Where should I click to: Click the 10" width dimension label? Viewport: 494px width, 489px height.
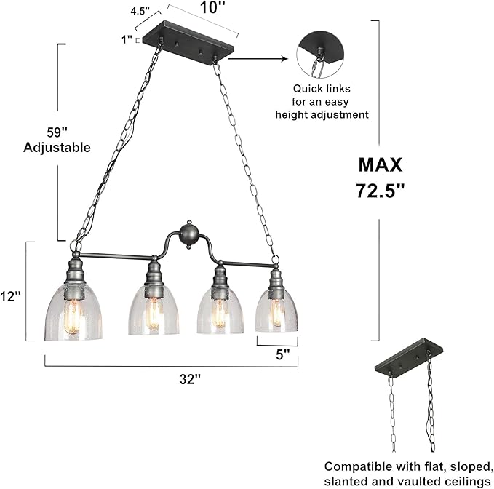pyautogui.click(x=213, y=7)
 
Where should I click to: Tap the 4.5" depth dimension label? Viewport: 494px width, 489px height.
pyautogui.click(x=140, y=12)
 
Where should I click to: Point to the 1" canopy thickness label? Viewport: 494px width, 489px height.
pyautogui.click(x=127, y=40)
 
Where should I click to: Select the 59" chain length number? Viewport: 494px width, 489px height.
pyautogui.click(x=57, y=132)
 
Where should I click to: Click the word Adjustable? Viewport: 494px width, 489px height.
pyautogui.click(x=57, y=148)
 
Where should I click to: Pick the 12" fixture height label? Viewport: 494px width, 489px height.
pyautogui.click(x=10, y=296)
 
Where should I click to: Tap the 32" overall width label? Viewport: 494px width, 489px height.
pyautogui.click(x=190, y=379)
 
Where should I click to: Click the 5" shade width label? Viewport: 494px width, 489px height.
pyautogui.click(x=282, y=355)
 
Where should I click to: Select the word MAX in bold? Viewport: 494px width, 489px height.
pyautogui.click(x=381, y=164)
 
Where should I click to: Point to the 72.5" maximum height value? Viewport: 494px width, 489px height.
pyautogui.click(x=381, y=191)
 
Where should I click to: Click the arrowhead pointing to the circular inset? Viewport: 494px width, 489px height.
pyautogui.click(x=284, y=59)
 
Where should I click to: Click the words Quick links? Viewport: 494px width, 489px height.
pyautogui.click(x=322, y=89)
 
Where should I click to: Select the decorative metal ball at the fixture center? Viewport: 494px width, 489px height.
pyautogui.click(x=188, y=235)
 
